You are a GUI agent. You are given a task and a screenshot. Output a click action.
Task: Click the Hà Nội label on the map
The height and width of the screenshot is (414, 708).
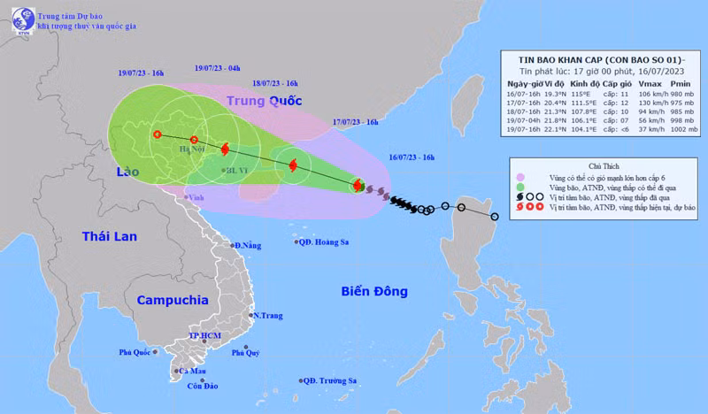pyautogui.click(x=192, y=151)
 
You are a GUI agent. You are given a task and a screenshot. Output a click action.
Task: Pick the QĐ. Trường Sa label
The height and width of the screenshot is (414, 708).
pyautogui.click(x=328, y=380)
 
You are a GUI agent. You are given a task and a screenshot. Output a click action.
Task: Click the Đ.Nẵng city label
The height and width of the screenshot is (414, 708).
pyautogui.click(x=247, y=245)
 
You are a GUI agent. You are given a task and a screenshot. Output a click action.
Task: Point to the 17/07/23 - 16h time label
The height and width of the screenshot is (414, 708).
pyautogui.click(x=355, y=121)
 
